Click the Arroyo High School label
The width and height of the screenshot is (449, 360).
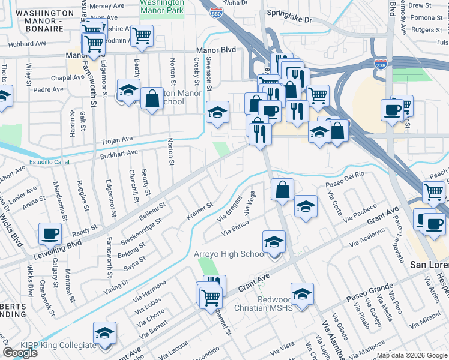(x=229, y=254)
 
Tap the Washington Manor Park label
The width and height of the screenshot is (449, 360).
(x=161, y=7)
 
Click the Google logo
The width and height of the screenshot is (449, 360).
(x=20, y=353)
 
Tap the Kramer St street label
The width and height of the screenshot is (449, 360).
(x=200, y=212)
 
